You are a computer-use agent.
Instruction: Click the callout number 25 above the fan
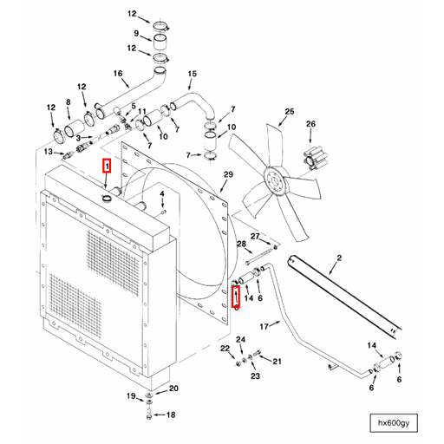[x=290, y=112]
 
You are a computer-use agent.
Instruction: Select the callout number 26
[x=310, y=124]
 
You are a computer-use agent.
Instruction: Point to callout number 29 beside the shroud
[x=229, y=175]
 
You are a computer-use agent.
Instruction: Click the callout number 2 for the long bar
[x=339, y=258]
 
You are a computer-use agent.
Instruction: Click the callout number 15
[x=193, y=75]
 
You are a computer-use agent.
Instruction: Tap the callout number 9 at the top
[x=135, y=35]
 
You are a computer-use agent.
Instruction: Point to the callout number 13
[x=49, y=152]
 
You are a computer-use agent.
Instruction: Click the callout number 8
[x=69, y=103]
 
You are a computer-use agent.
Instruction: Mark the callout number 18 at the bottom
[x=171, y=415]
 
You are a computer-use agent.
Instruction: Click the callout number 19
[x=131, y=397]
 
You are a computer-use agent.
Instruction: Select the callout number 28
[x=240, y=246]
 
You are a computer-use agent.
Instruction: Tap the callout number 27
[x=255, y=236]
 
